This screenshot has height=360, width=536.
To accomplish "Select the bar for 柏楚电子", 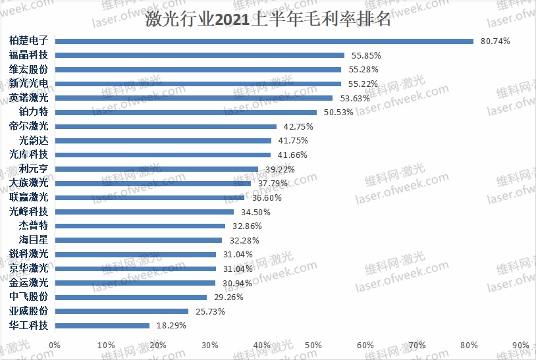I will point(263,41).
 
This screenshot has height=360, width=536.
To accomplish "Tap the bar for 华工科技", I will point(102,325).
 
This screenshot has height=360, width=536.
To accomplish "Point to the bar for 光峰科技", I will point(144,212).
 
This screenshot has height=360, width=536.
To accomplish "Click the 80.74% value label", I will point(495,41).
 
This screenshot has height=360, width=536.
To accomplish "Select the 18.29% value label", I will point(171,325).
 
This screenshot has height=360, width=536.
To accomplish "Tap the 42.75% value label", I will point(297,126).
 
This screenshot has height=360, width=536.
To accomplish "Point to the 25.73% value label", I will point(209,311).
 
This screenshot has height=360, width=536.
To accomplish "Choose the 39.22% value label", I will point(279,169).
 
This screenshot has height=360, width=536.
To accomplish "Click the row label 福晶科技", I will point(29,55).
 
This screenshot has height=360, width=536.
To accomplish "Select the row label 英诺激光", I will point(29,97).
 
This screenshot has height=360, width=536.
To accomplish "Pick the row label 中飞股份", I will point(29,297).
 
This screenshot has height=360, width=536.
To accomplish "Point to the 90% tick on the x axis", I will point(520,345).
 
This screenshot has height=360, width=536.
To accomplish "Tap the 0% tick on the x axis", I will point(55,345).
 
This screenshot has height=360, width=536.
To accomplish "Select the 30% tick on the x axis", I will point(210,345).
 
